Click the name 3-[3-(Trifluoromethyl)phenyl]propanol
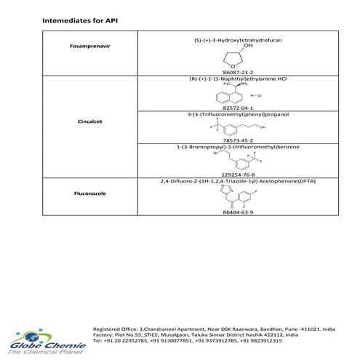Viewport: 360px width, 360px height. tap(223, 114)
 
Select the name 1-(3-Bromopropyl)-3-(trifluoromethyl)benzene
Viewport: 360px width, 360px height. tap(223, 147)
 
